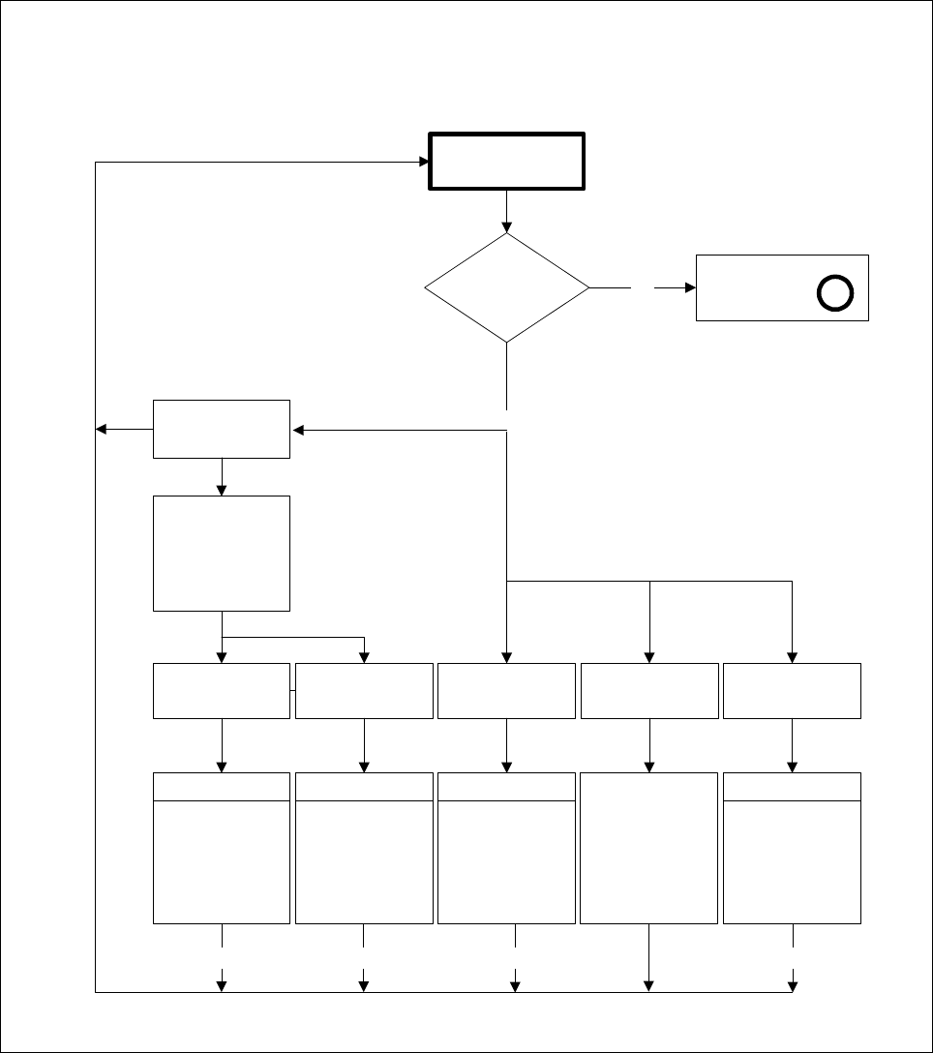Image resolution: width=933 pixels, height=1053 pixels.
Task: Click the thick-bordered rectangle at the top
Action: pos(506,161)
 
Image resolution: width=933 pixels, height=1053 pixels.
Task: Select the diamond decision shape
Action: pos(506,287)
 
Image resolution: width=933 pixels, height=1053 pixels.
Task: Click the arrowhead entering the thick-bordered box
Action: pos(424,162)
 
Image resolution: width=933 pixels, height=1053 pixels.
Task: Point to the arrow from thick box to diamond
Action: pos(506,211)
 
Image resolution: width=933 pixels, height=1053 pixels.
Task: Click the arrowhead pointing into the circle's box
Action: pos(690,287)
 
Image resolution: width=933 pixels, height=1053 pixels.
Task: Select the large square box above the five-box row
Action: pos(222,553)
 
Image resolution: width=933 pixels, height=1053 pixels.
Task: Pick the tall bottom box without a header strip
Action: pos(648,848)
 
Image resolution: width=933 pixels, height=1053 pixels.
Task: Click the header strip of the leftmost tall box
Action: pos(222,787)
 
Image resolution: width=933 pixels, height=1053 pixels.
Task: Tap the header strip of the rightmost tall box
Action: pos(792,787)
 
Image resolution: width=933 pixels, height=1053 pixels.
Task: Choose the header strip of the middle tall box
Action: pos(506,787)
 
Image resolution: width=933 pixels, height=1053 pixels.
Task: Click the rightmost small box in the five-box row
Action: pos(792,691)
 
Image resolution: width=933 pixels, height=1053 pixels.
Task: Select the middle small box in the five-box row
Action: pos(506,691)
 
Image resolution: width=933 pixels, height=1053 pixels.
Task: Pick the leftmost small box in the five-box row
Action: pos(222,691)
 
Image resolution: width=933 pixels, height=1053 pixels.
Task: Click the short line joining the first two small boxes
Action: pos(292,691)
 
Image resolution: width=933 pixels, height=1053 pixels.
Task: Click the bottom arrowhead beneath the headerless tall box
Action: pos(648,986)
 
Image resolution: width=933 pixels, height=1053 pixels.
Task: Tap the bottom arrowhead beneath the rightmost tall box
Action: pos(793,986)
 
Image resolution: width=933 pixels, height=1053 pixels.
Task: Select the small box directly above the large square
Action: pos(222,429)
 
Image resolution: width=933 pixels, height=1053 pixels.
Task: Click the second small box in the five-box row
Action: pos(364,691)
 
